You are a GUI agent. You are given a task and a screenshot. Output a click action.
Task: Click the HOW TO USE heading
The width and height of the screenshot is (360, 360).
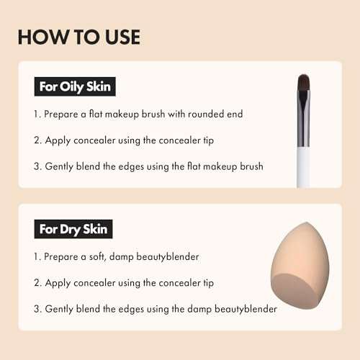click(x=79, y=37)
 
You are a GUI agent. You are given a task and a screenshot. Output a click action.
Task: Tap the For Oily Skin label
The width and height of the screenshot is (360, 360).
click(x=76, y=88)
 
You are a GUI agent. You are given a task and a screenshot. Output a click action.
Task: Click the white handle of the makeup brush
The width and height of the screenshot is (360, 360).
click(x=303, y=169)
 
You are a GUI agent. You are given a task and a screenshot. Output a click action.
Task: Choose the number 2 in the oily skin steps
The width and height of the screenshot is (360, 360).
click(x=36, y=140)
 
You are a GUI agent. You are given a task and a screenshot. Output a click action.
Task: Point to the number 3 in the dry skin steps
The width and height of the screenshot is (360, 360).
click(x=36, y=309)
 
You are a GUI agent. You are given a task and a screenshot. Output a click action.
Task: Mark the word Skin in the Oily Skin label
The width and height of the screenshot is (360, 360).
click(x=97, y=88)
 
